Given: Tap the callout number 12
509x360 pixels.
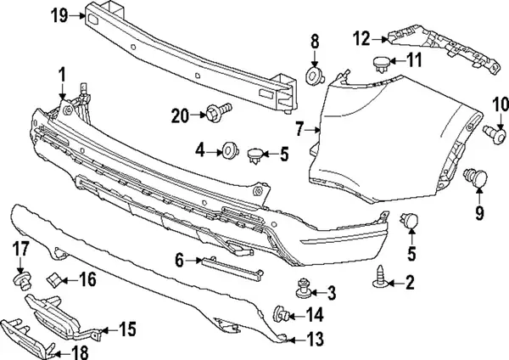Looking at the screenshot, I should click(362, 37).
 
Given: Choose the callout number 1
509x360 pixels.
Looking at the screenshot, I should click(62, 77).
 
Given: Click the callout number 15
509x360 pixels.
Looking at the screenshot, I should click(127, 328).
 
